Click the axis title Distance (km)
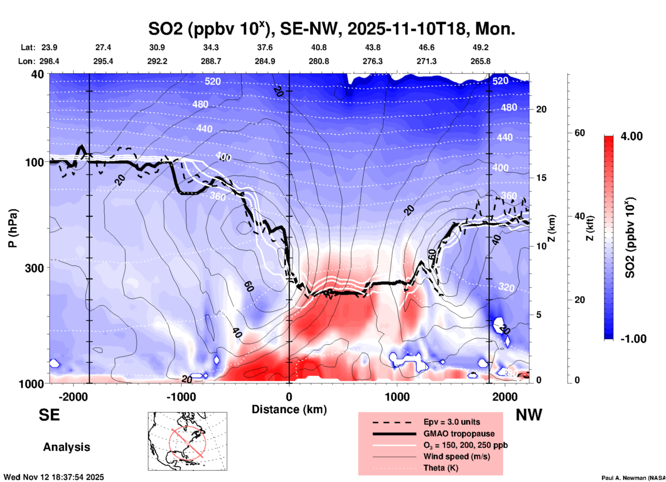(289, 409)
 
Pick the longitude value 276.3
(372, 61)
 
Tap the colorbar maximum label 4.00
(631, 136)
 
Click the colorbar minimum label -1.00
(633, 339)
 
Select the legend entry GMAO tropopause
(459, 434)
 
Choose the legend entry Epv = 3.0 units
(452, 422)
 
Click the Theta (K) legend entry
(441, 468)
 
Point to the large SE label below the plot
(49, 415)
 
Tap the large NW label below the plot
(529, 415)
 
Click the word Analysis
(66, 447)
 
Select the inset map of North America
(187, 441)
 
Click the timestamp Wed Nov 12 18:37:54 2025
(54, 477)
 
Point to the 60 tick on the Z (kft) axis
(580, 133)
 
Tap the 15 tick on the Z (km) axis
(541, 178)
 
